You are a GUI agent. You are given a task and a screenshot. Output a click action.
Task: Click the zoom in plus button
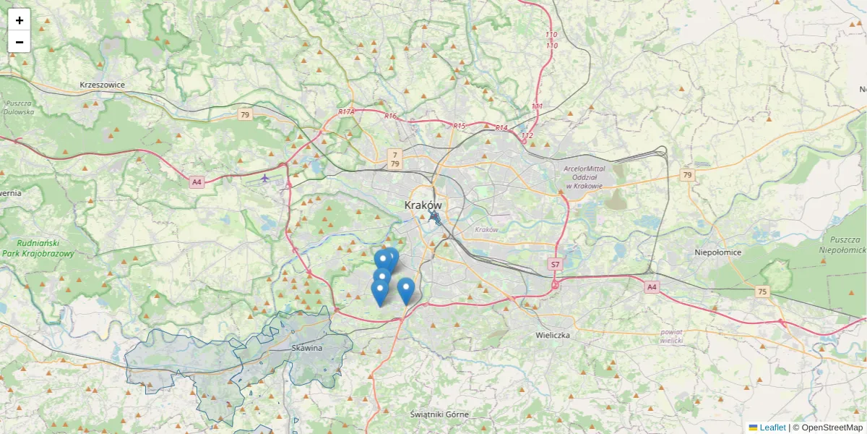[x=19, y=20]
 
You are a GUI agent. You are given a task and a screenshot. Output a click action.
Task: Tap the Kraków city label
[x=423, y=205]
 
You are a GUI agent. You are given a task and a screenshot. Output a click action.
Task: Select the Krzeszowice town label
[x=102, y=85]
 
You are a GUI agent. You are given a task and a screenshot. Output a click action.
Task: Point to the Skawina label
[x=307, y=348]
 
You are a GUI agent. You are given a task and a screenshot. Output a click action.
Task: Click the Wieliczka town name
[x=553, y=336]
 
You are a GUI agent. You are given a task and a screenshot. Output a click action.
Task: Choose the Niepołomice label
[x=718, y=252]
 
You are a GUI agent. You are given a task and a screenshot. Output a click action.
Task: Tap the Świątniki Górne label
[x=439, y=414]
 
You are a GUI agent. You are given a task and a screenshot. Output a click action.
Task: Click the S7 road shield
[x=555, y=264]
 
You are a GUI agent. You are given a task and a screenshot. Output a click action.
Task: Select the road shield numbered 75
[x=762, y=292]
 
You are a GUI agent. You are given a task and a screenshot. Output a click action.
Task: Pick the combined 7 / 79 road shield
[x=394, y=158]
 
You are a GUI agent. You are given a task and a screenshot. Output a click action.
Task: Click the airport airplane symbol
[x=265, y=177]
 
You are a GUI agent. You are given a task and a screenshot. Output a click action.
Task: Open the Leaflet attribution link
[x=772, y=427]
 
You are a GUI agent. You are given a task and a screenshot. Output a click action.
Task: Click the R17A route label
[x=347, y=112]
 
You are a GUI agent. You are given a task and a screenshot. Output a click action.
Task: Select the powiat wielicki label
[x=671, y=335]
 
